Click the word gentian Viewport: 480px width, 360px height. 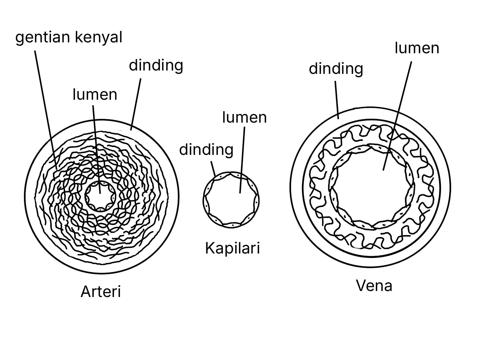[43, 37]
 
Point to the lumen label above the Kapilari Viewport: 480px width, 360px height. [244, 117]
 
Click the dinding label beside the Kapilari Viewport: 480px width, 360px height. [206, 150]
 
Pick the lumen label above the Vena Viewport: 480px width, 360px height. [417, 48]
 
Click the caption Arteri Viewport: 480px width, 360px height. [100, 291]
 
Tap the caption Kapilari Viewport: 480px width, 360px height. [232, 248]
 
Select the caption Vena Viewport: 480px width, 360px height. [374, 285]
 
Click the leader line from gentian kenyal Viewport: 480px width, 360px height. [46, 110]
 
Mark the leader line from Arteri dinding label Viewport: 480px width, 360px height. [136, 105]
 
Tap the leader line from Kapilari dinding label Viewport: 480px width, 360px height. [213, 169]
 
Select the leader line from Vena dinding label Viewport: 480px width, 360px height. [337, 100]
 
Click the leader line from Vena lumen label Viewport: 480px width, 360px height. [397, 116]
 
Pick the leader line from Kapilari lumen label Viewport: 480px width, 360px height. [242, 160]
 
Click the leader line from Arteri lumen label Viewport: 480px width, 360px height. [96, 150]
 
